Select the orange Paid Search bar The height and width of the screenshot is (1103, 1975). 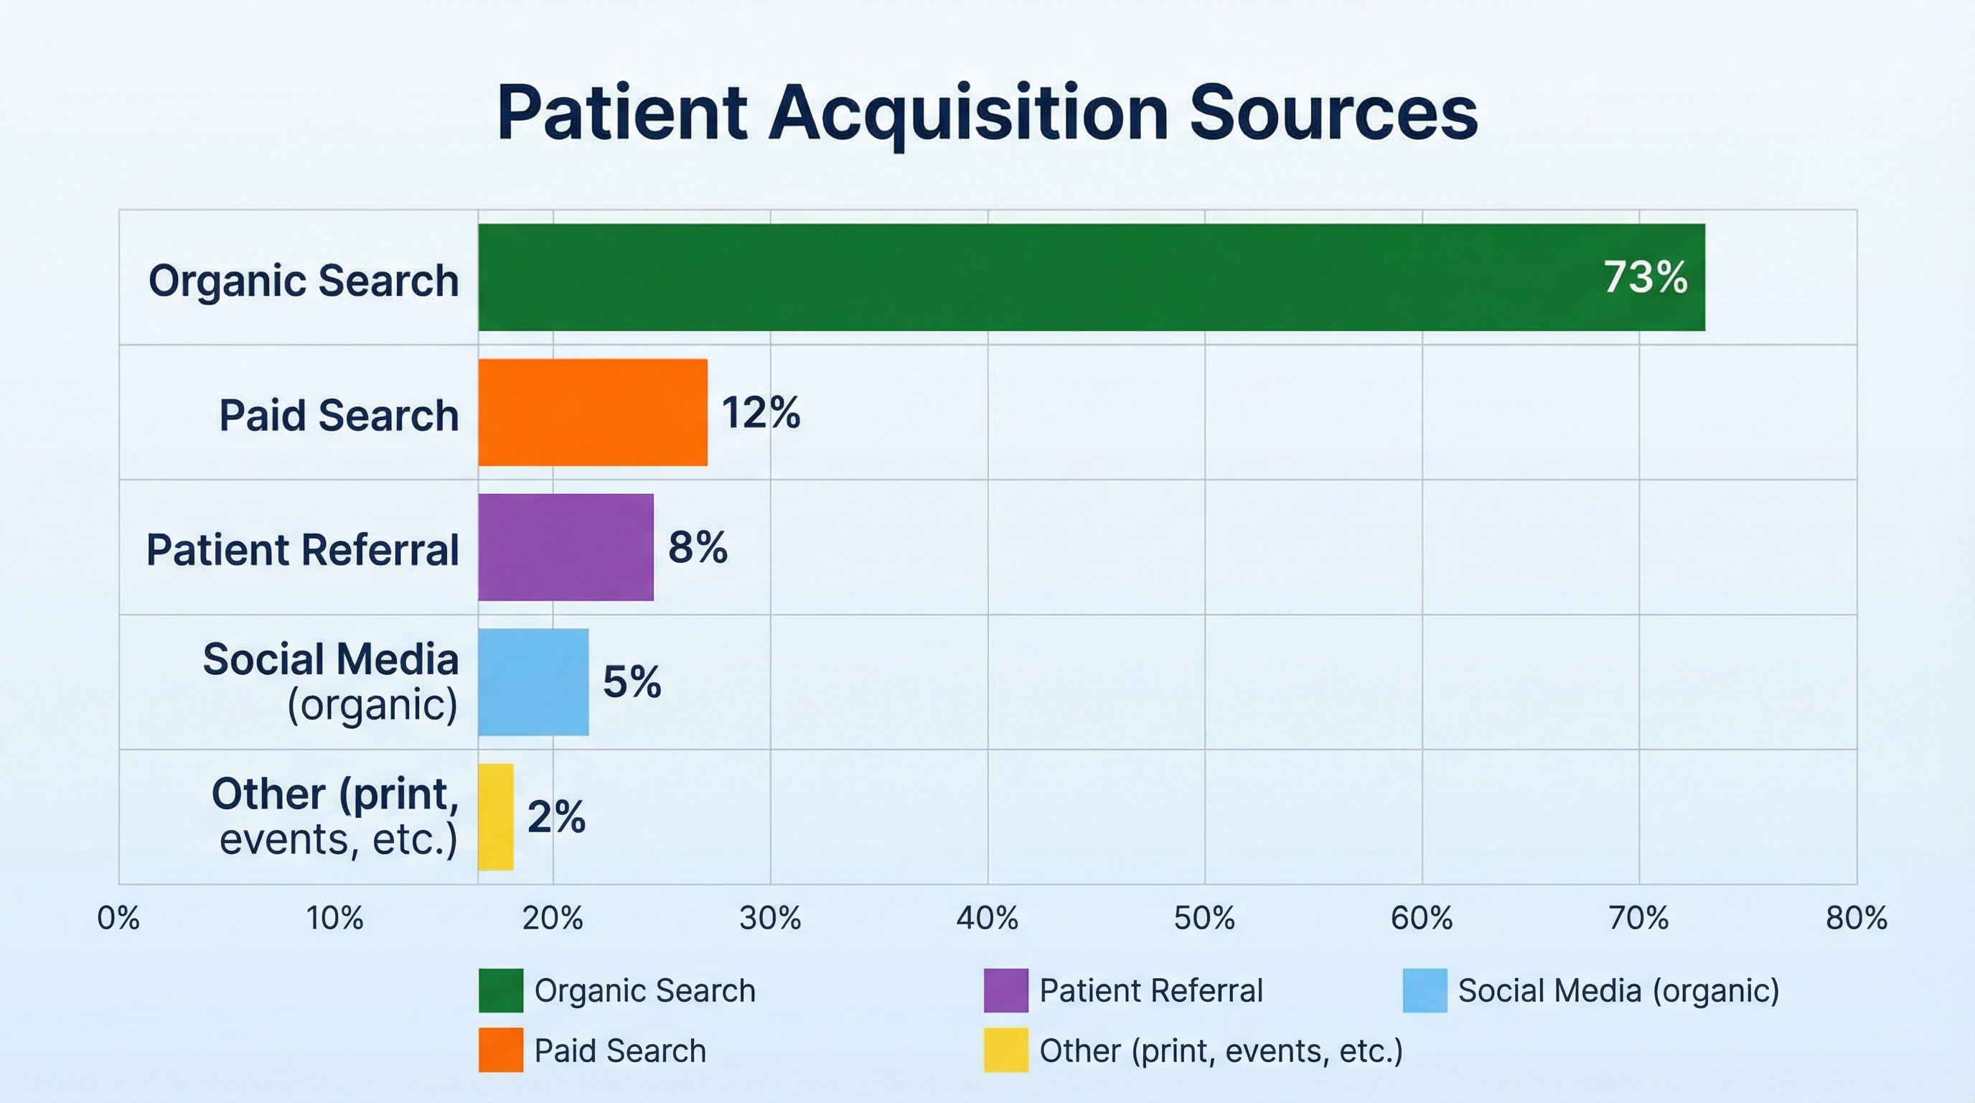[x=593, y=413]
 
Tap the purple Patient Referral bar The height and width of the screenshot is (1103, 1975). [x=566, y=548]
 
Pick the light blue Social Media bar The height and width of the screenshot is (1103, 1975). [x=534, y=682]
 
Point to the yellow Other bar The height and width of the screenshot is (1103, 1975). [x=496, y=817]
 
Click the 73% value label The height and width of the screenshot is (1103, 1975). [x=1646, y=278]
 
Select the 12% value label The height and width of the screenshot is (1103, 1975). [x=761, y=413]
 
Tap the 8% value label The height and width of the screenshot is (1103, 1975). [x=698, y=548]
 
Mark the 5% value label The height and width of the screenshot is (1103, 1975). [x=632, y=682]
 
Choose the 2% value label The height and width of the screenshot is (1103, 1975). [x=557, y=817]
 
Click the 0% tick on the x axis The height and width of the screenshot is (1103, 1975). [x=119, y=918]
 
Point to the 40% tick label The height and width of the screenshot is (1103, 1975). [x=987, y=918]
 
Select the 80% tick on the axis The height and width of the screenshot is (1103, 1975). [x=1856, y=918]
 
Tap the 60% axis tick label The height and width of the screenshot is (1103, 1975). [x=1422, y=918]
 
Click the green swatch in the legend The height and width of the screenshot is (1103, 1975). [x=501, y=990]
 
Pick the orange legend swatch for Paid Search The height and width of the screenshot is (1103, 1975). [x=501, y=1050]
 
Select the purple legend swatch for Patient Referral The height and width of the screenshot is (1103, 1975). [x=1006, y=990]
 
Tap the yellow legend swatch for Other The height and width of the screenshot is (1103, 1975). [x=1006, y=1050]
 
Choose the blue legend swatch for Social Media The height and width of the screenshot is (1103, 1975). [x=1425, y=990]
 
